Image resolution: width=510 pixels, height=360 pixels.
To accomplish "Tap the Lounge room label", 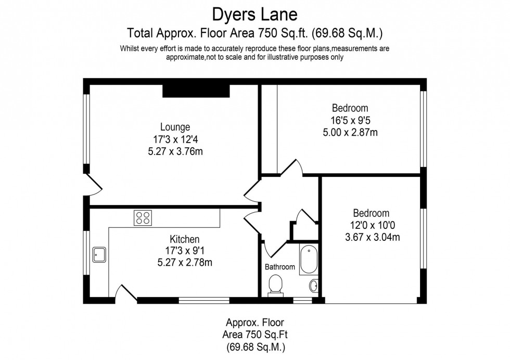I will (x=174, y=126).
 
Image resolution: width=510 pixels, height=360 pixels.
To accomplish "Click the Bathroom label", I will (x=280, y=267).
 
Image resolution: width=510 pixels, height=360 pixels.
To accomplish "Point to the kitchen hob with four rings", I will (x=143, y=217).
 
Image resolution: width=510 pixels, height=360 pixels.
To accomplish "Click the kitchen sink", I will (x=99, y=255).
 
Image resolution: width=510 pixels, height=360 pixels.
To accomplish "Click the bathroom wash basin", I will (x=314, y=285).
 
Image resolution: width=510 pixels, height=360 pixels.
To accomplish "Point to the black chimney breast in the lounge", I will (x=196, y=91).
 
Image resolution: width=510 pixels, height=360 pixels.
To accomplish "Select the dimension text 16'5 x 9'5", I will (x=350, y=120).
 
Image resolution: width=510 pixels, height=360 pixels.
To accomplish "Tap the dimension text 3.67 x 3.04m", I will (x=371, y=237).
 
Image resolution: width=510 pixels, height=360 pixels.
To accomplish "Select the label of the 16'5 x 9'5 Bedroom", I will (x=350, y=108).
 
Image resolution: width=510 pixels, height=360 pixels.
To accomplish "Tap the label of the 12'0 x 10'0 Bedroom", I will (x=371, y=213).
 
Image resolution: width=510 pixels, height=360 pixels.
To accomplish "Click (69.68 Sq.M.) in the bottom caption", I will (x=254, y=346).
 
